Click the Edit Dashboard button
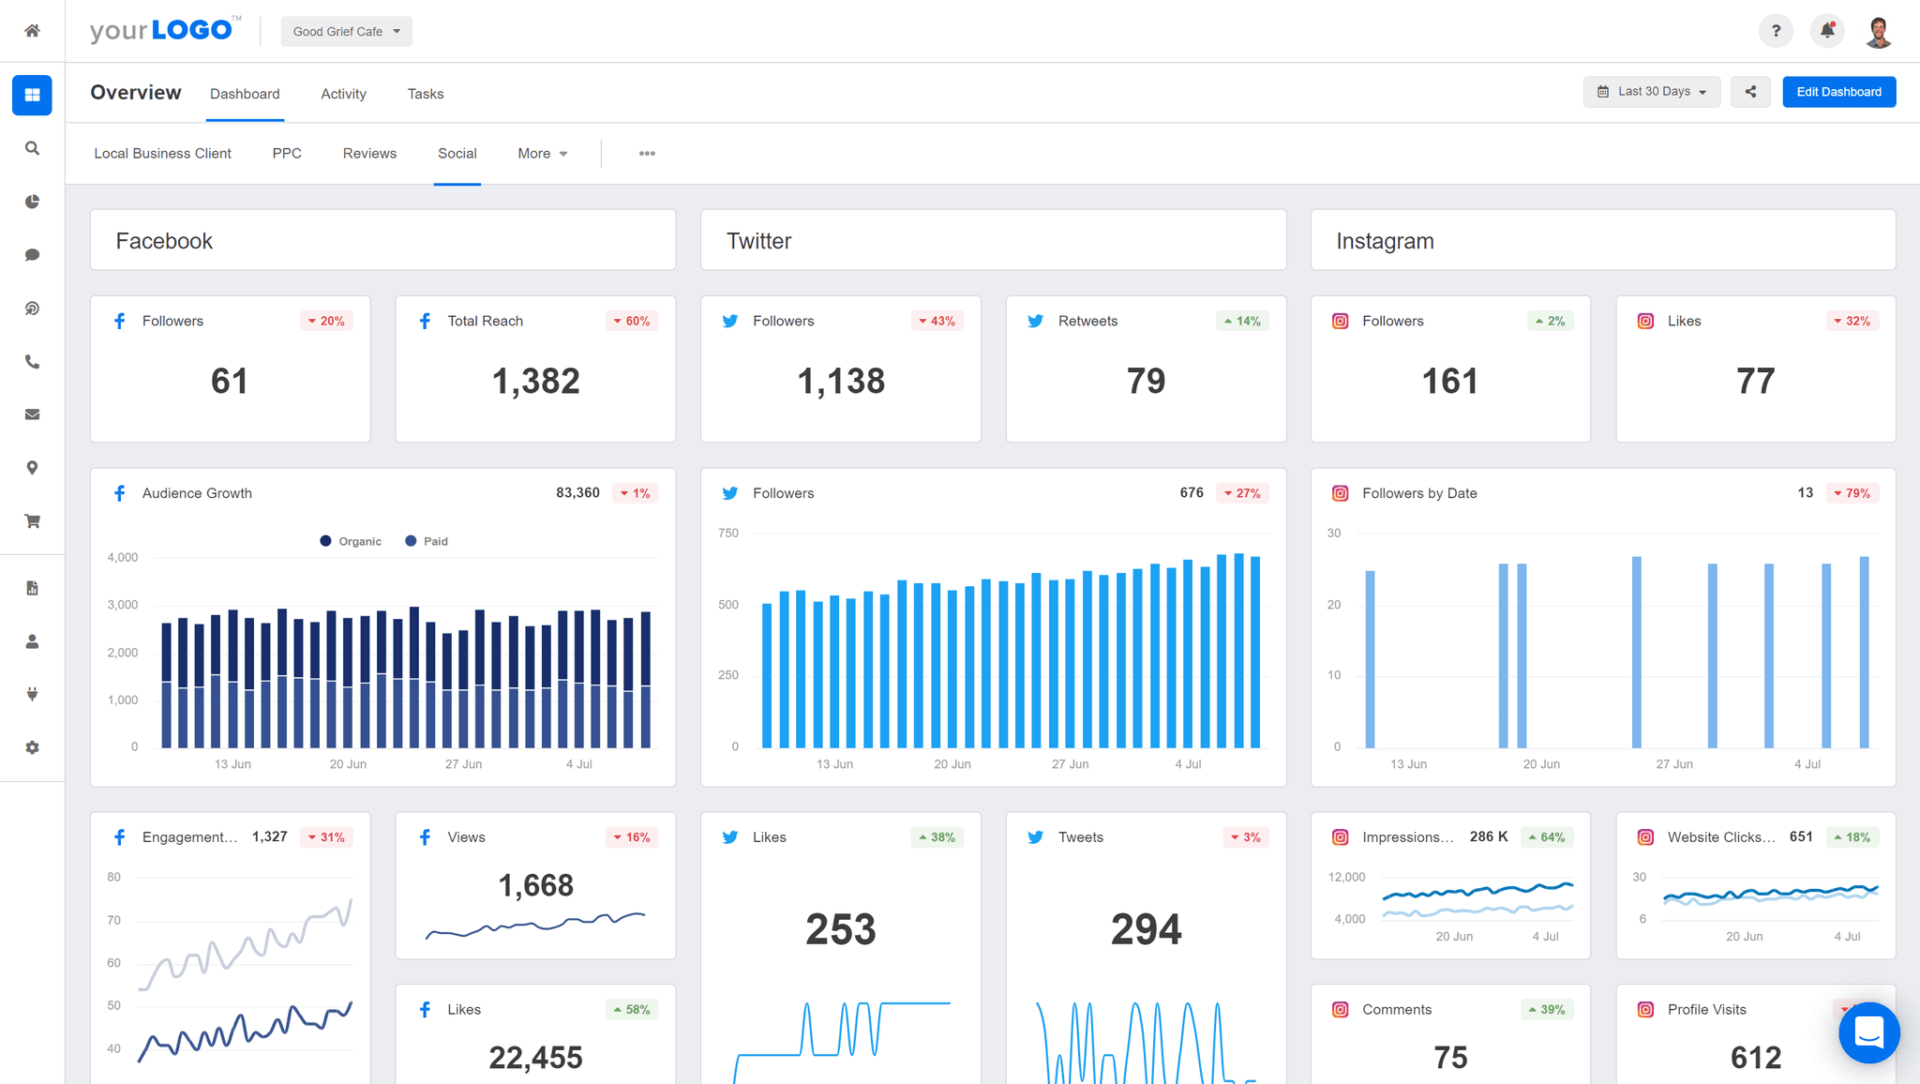pyautogui.click(x=1838, y=92)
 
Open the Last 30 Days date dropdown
pyautogui.click(x=1652, y=92)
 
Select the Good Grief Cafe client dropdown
pyautogui.click(x=346, y=32)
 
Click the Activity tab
pyautogui.click(x=343, y=94)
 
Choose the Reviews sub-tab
pyautogui.click(x=369, y=154)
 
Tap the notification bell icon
pyautogui.click(x=1827, y=31)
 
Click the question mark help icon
pyautogui.click(x=1776, y=31)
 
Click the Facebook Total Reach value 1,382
pyautogui.click(x=535, y=382)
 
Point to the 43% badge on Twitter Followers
pyautogui.click(x=937, y=322)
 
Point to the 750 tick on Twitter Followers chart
pyautogui.click(x=728, y=534)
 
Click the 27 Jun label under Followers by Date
pyautogui.click(x=1674, y=764)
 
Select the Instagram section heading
pyautogui.click(x=1385, y=242)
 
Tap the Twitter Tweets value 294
pyautogui.click(x=1146, y=929)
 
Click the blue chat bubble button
pyautogui.click(x=1868, y=1033)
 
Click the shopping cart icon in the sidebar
pyautogui.click(x=32, y=521)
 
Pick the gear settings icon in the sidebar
pyautogui.click(x=32, y=748)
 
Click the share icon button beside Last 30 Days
pyautogui.click(x=1750, y=92)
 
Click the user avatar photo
pyautogui.click(x=1878, y=32)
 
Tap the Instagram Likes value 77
pyautogui.click(x=1755, y=382)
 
